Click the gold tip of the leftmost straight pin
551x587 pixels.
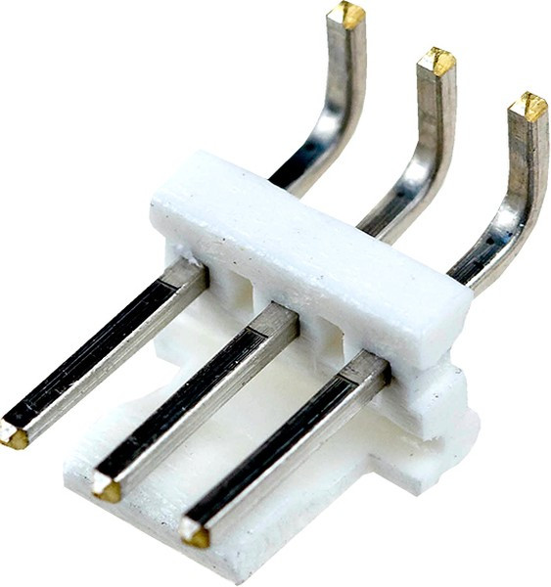15,436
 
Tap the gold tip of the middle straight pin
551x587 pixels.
106,486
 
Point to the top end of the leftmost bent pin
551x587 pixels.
346,15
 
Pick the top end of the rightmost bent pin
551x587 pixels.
528,106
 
